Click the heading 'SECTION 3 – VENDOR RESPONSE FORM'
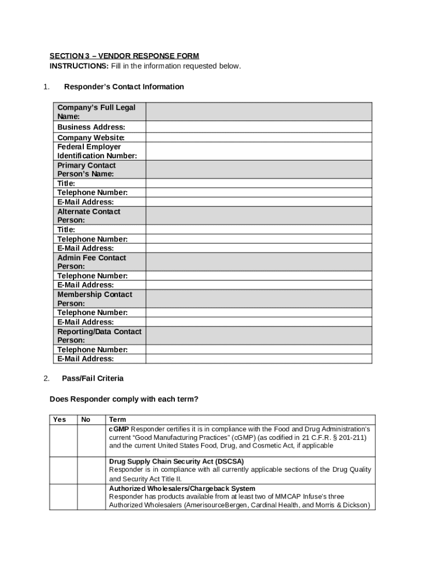click(x=124, y=56)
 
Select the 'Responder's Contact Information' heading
click(x=124, y=87)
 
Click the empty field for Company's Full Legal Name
click(x=259, y=112)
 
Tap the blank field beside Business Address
click(x=259, y=127)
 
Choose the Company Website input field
click(x=259, y=138)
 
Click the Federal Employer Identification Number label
click(x=97, y=151)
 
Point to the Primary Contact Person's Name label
click(x=87, y=170)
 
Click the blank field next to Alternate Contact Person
click(x=259, y=216)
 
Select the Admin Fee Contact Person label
click(x=92, y=262)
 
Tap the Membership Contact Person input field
click(x=259, y=299)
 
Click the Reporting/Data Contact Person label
click(x=99, y=336)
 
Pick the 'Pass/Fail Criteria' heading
click(x=93, y=379)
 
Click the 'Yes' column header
click(x=59, y=420)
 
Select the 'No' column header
click(x=85, y=420)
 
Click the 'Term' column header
click(x=117, y=420)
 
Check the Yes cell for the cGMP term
click(x=63, y=440)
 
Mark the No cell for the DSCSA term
click(x=91, y=470)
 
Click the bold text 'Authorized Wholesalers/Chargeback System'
click(x=182, y=489)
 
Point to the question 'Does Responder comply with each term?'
click(x=124, y=399)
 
